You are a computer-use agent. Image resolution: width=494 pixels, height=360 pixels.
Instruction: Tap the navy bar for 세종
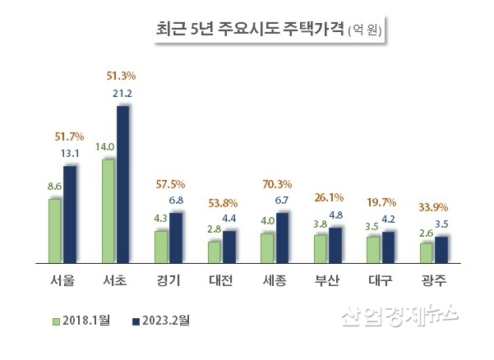click(282, 237)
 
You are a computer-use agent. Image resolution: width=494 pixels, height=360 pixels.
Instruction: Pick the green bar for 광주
click(425, 252)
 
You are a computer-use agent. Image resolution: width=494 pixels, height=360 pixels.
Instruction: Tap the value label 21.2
click(122, 93)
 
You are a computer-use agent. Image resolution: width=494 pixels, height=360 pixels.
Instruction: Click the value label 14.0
click(105, 146)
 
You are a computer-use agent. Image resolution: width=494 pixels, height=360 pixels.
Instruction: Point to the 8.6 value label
click(54, 187)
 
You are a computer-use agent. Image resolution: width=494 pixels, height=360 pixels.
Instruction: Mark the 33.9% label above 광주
click(435, 206)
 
